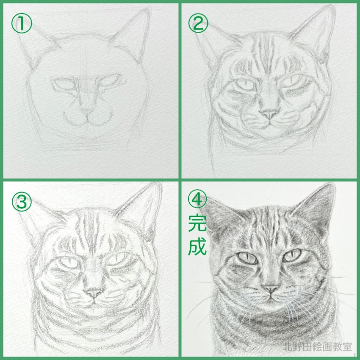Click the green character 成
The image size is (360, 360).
(197, 246)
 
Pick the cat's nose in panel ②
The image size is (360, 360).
(269, 114)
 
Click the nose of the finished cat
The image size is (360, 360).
(270, 289)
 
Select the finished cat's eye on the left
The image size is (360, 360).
(247, 257)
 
